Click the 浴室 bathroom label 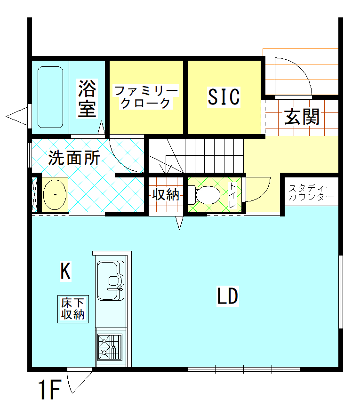coord(88,98)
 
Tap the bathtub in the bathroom coord(50,97)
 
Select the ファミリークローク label coord(146,97)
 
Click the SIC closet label coord(224,97)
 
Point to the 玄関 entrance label coord(302,117)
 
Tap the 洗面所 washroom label coord(74,158)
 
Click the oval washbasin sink coord(55,194)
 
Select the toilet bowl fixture coord(204,195)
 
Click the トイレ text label coord(232,195)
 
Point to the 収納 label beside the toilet coord(166,194)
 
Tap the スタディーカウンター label coord(311,192)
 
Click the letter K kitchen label coord(65,271)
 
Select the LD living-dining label coord(228,296)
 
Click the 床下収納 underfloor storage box coord(73,309)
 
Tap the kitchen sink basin coord(111,280)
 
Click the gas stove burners coord(110,347)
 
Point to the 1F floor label coord(50,390)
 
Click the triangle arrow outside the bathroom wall coord(17,116)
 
